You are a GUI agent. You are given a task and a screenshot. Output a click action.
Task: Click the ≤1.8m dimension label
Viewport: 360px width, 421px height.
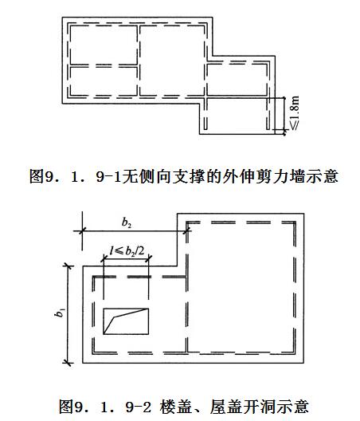(x=294, y=113)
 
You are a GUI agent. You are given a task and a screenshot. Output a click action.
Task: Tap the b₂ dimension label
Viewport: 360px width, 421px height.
(x=127, y=222)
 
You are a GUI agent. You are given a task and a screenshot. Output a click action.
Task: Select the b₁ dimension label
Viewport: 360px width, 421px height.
(x=60, y=313)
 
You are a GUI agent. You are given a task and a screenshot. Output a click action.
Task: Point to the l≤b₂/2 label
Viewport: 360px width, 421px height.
(x=127, y=251)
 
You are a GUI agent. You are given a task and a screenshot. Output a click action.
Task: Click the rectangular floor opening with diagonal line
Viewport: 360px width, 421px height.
(x=126, y=321)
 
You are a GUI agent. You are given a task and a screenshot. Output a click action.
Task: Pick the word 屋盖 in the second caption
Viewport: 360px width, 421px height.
(x=226, y=406)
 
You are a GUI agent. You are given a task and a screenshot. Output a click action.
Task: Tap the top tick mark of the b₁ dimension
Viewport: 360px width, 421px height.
(x=68, y=266)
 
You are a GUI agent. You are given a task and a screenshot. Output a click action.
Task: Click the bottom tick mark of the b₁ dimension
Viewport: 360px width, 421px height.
(x=68, y=363)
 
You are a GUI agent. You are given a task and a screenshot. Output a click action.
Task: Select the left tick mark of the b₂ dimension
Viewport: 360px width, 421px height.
(x=82, y=230)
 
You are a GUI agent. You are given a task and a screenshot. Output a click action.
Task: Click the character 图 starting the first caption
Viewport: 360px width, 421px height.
(x=37, y=176)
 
